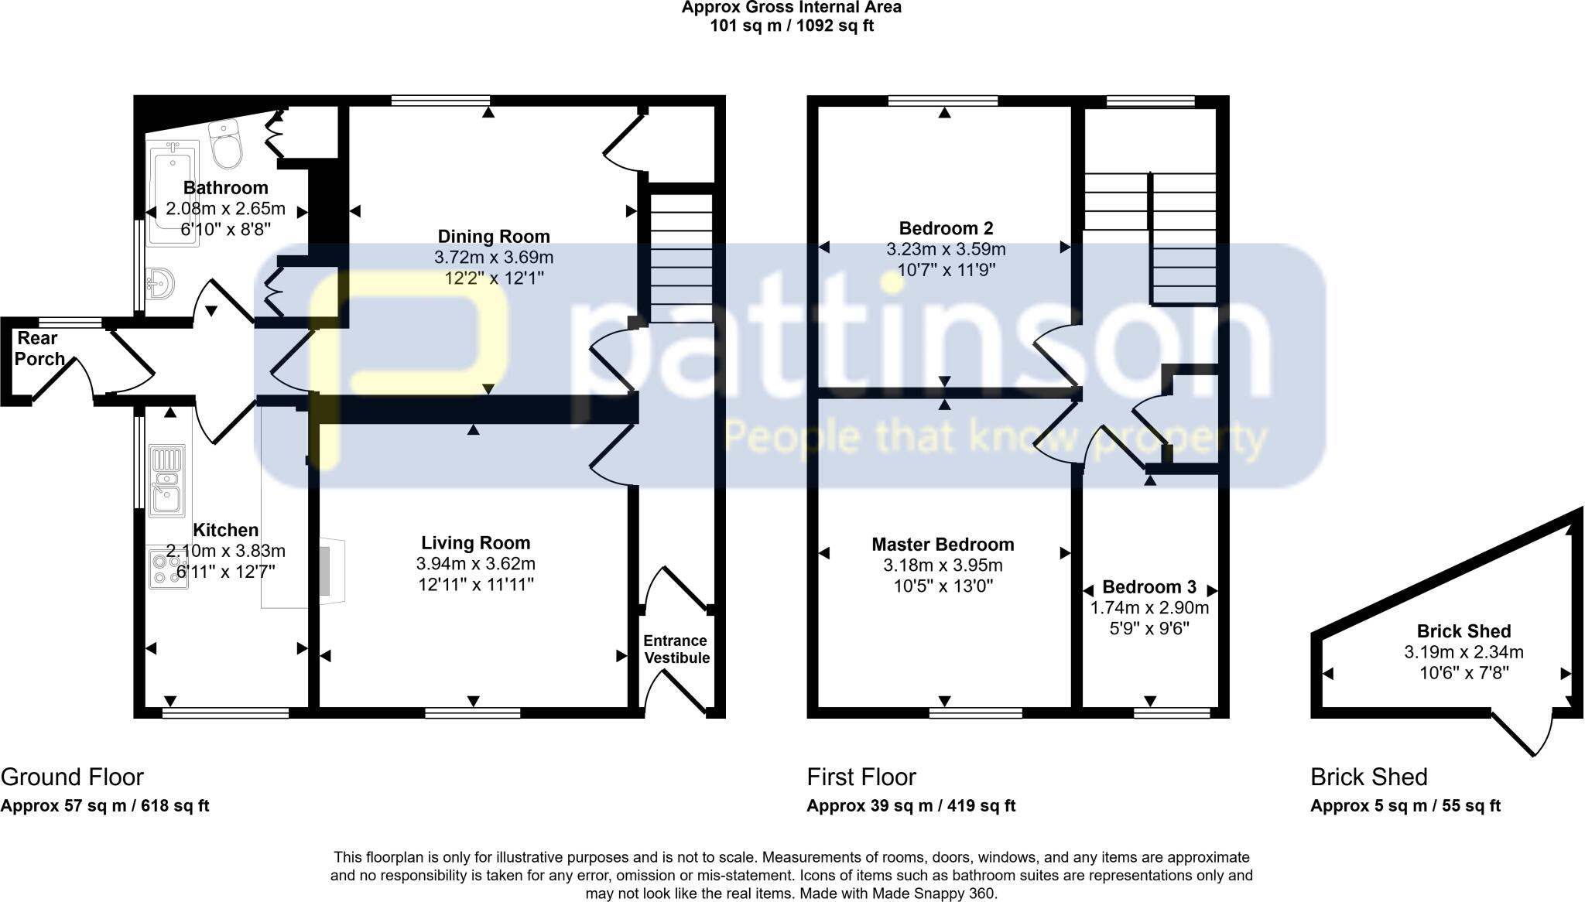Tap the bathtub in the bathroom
pos(173,193)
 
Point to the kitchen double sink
pos(166,480)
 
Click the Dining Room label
pos(494,237)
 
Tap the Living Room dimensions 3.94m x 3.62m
pos(475,564)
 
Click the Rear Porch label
pos(39,348)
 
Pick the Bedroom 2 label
pos(946,228)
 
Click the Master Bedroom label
pos(943,545)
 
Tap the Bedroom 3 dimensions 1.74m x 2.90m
pos(1149,608)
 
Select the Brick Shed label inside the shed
pos(1463,631)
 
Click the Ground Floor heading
pos(72,777)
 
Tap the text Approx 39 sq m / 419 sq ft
pos(911,806)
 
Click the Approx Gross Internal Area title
pos(791,8)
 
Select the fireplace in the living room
pos(328,569)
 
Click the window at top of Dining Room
pos(440,100)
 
